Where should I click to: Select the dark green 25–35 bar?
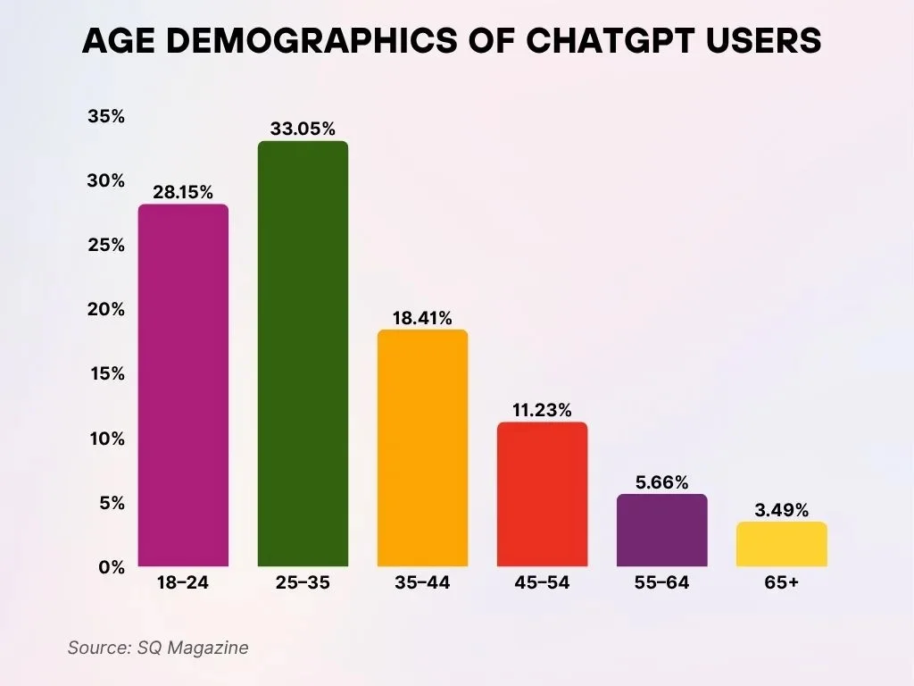303,354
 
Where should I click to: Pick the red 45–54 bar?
542,494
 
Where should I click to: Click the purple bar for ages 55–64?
662,531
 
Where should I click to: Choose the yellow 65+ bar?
781,544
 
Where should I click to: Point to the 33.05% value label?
303,130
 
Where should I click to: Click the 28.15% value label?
183,192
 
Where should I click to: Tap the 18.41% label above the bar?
422,317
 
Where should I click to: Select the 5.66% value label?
662,482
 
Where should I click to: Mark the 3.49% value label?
781,510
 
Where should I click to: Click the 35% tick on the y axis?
106,117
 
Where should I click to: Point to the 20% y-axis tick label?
106,310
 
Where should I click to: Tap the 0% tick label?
111,567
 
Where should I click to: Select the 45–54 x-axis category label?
542,583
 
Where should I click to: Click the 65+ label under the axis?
781,583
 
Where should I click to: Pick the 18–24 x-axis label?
183,583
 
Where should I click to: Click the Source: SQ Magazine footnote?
158,648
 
